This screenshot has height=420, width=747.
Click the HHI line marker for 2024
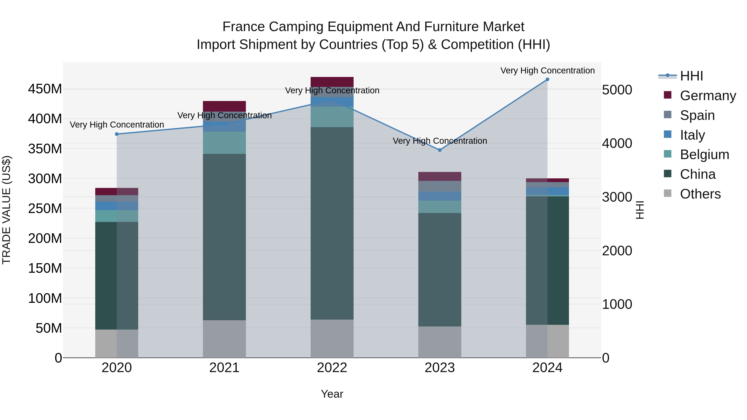547,79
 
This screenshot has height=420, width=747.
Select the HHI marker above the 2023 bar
440,150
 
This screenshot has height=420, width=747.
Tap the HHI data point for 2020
117,134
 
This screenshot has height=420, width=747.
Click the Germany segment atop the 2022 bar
332,82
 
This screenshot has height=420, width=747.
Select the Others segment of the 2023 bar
440,342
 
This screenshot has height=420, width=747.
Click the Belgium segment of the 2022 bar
332,117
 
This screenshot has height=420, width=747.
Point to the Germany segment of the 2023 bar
440,177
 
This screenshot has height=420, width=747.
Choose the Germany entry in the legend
708,96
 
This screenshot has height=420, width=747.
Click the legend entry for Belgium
704,155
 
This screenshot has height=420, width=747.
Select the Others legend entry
700,194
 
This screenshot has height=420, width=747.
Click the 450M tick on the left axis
45,89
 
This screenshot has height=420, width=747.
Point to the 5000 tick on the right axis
617,90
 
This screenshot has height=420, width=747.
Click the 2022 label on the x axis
332,368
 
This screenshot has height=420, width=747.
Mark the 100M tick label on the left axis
45,298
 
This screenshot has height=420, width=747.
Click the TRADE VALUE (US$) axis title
7,210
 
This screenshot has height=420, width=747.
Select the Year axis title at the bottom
332,394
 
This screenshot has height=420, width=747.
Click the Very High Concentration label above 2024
547,71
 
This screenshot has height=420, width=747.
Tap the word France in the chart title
243,27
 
